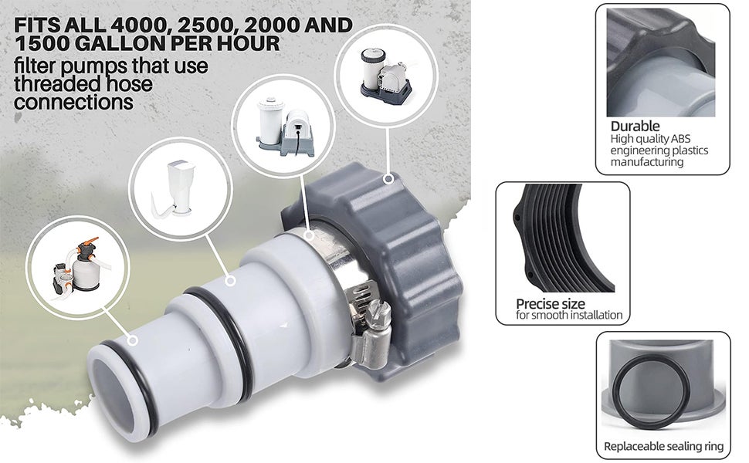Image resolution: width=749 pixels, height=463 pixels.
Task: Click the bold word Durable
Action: (635, 126)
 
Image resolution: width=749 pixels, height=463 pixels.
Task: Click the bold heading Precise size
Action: (550, 303)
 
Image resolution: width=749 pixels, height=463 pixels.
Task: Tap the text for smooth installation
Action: (568, 316)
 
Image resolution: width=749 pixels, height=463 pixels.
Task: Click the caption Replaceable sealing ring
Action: (663, 446)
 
